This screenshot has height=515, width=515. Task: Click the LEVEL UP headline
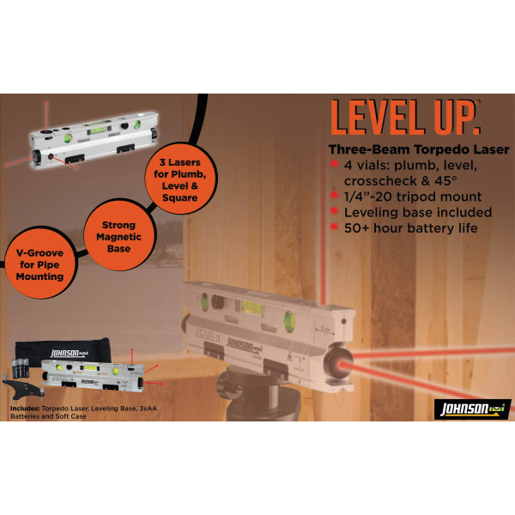click(x=405, y=118)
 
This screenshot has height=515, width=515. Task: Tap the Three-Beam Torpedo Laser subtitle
click(x=419, y=149)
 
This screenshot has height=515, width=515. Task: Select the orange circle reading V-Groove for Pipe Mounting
click(x=39, y=263)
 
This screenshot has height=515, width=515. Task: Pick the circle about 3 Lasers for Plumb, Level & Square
click(x=180, y=179)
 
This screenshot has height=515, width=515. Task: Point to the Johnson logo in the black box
click(x=472, y=409)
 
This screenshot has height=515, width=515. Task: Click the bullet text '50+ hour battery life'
click(x=410, y=228)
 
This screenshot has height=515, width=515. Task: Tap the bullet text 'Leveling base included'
click(x=418, y=212)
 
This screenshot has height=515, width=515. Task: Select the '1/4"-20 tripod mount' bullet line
click(x=413, y=197)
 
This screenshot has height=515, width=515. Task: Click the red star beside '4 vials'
click(x=334, y=164)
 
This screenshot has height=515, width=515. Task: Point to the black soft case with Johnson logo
click(x=63, y=353)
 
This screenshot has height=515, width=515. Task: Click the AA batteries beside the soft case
click(x=21, y=368)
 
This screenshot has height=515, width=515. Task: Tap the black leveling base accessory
click(x=24, y=389)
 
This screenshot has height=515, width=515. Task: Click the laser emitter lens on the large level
click(x=337, y=364)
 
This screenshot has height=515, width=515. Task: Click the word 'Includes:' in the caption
click(x=25, y=409)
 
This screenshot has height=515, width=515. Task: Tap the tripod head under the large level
click(x=257, y=394)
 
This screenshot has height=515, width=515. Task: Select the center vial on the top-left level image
click(x=97, y=130)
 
